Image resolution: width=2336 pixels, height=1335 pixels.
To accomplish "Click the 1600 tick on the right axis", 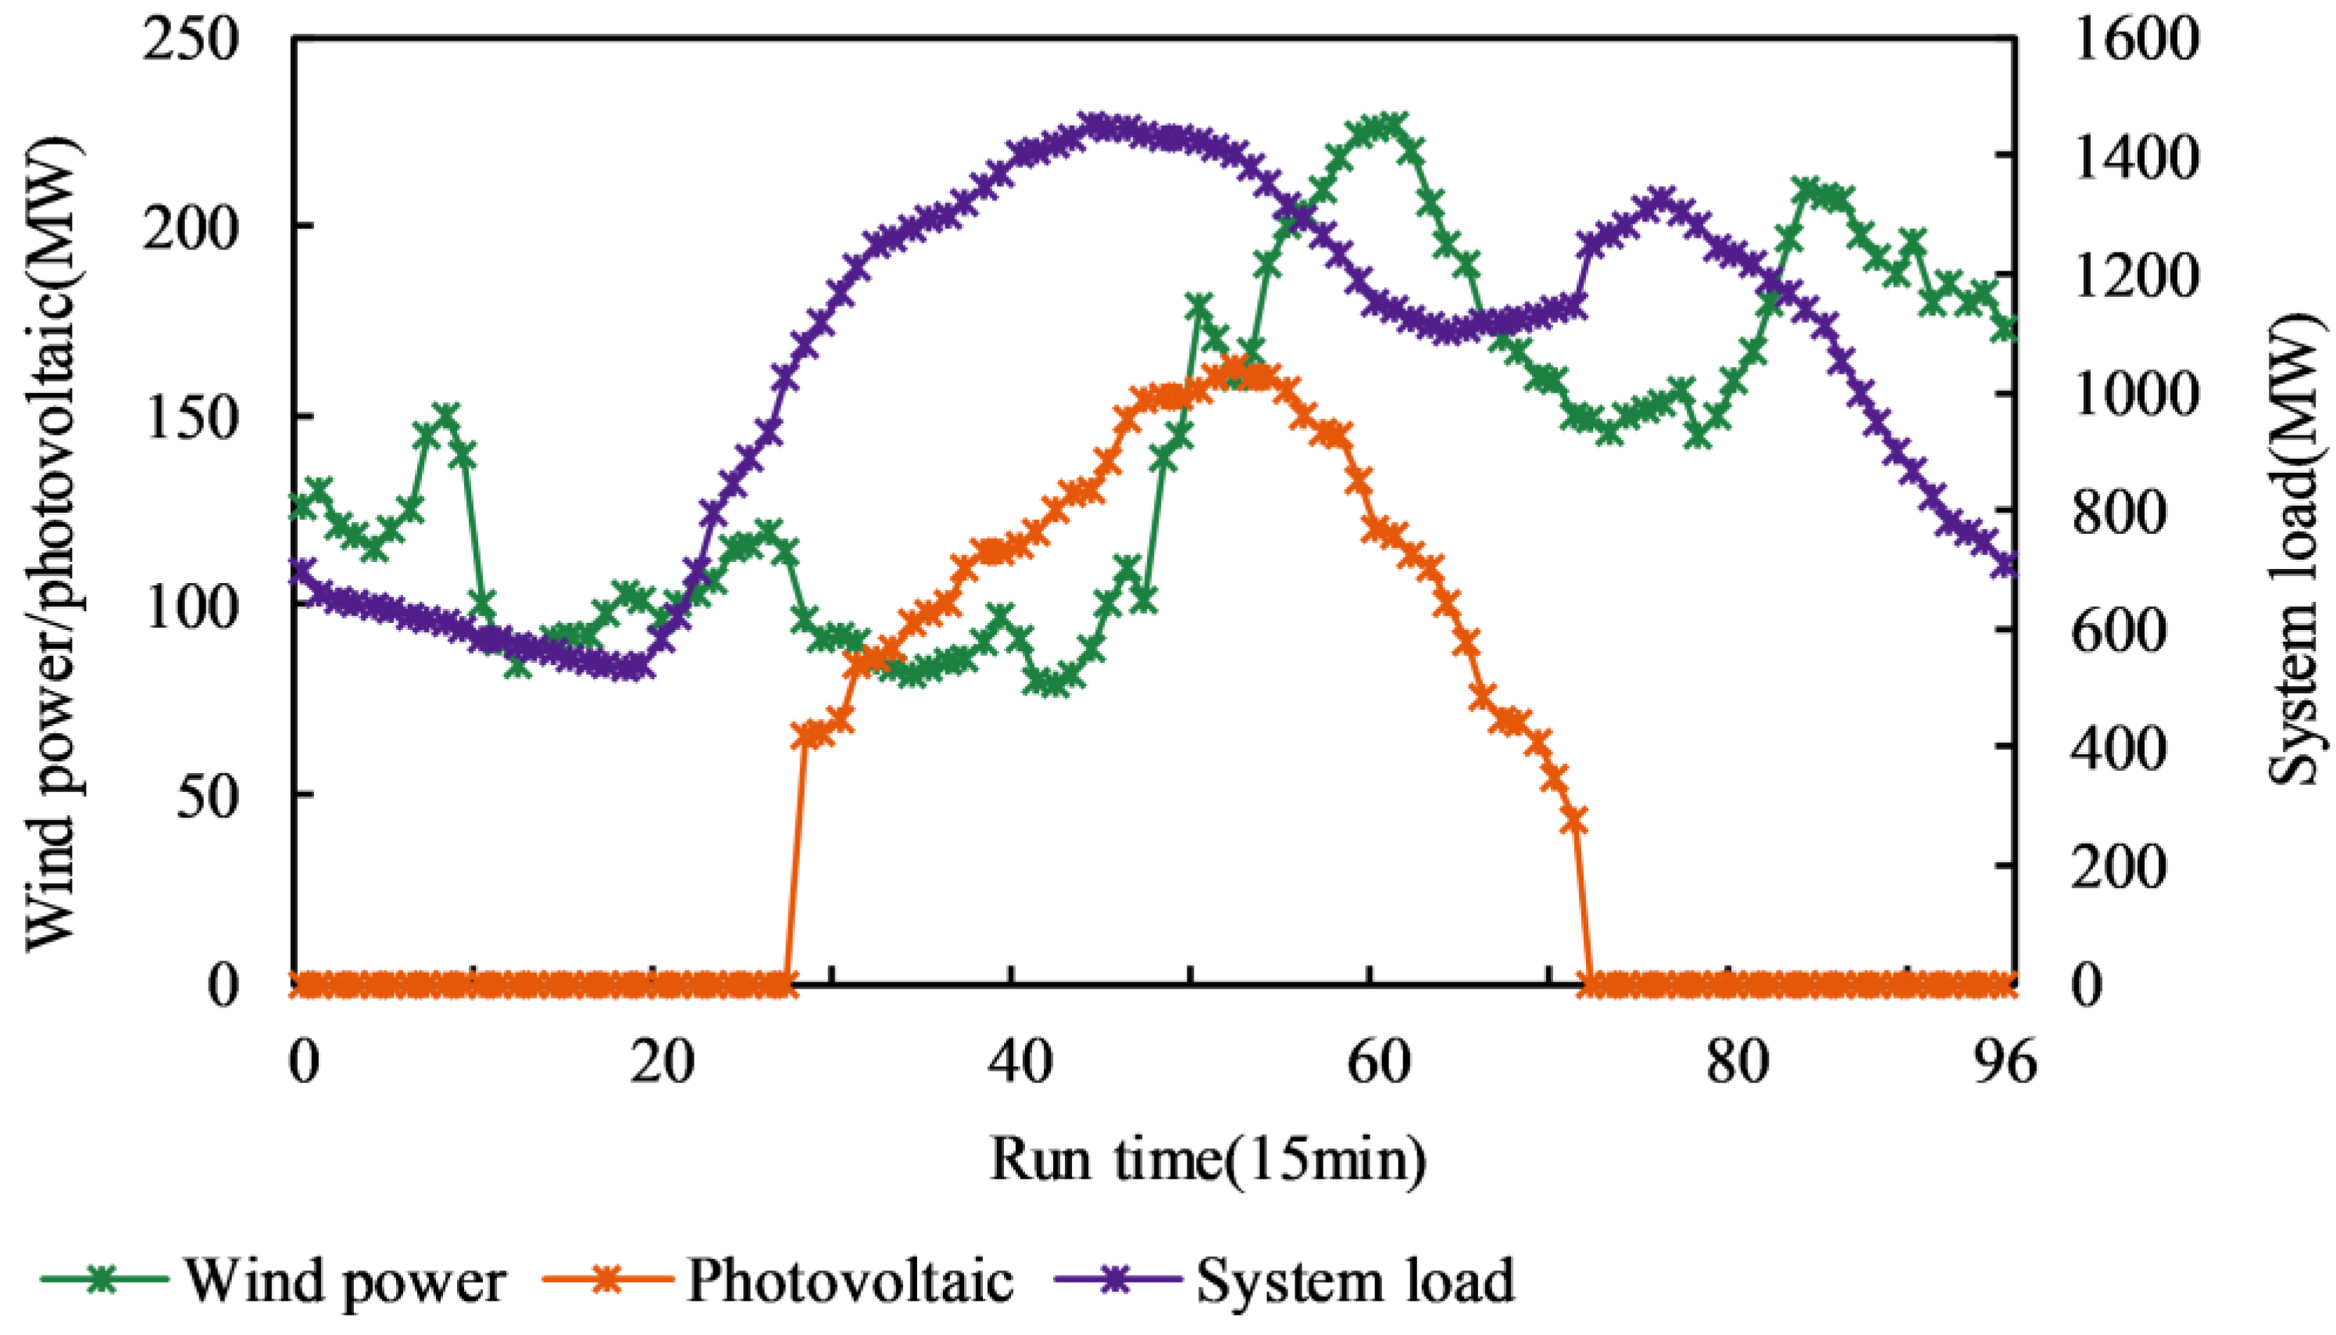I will [2134, 41].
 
